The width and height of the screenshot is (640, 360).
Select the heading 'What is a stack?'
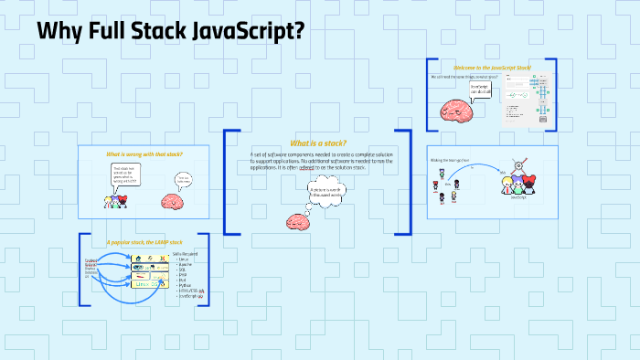[x=317, y=143]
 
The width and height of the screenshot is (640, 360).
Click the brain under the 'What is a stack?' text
[x=299, y=222]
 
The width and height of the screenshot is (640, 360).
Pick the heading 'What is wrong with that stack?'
[x=144, y=154]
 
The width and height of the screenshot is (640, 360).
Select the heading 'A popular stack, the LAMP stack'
[x=144, y=242]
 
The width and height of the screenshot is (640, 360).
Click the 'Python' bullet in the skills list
[x=185, y=284]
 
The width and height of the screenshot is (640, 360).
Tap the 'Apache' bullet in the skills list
[x=186, y=262]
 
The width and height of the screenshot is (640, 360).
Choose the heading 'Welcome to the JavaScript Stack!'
[x=492, y=68]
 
